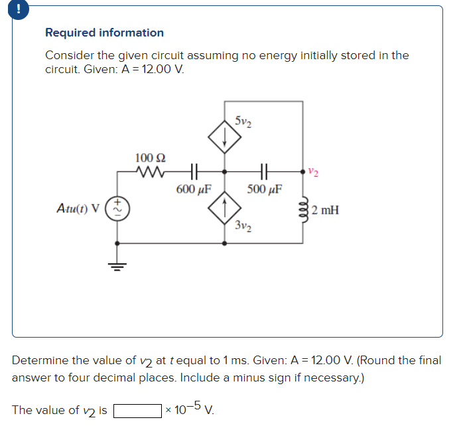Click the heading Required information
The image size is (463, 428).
click(x=104, y=33)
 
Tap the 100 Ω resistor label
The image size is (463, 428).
click(x=151, y=158)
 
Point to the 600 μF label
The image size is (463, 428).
click(x=194, y=189)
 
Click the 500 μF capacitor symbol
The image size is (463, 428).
click(x=263, y=171)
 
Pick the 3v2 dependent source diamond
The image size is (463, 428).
click(x=224, y=207)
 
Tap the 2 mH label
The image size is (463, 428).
click(x=325, y=211)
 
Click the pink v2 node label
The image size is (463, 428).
click(x=313, y=172)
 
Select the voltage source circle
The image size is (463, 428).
click(x=119, y=207)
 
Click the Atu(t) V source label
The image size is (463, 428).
click(x=78, y=207)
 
